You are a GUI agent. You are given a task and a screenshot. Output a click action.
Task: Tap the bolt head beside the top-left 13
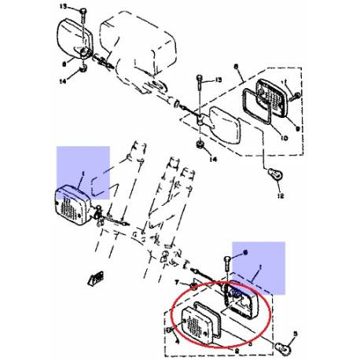[x=83, y=11]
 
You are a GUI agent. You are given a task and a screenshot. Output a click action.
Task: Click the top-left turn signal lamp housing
[x=77, y=38]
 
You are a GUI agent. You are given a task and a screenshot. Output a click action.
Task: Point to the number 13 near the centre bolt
[x=219, y=80]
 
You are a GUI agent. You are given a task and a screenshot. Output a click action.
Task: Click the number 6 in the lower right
[x=244, y=252]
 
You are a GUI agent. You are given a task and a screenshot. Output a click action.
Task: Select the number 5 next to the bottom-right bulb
[x=298, y=332]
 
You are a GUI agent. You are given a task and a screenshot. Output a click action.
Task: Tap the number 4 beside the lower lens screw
[x=178, y=341]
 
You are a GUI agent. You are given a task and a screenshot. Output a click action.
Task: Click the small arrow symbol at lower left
[x=94, y=277]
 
